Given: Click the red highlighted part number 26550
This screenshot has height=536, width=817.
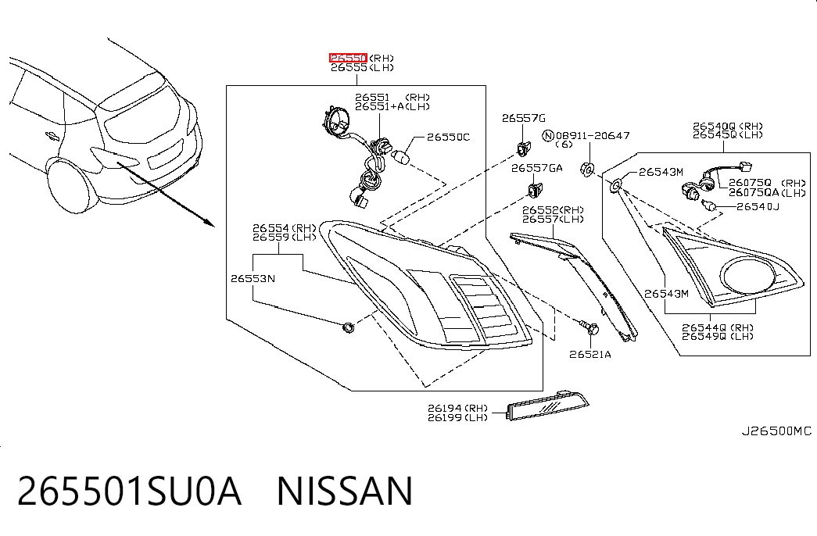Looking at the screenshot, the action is coord(348,58).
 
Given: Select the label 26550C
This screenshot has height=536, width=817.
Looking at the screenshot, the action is coord(448,137).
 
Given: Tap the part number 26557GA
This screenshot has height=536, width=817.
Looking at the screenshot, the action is coord(536,168).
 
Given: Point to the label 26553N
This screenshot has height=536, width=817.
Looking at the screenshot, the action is coord(253,279).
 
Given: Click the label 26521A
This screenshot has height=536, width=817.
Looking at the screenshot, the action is coord(589,354).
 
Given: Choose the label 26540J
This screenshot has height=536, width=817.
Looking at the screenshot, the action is coord(758,207).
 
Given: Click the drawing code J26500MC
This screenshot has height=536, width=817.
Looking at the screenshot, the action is coord(776,431).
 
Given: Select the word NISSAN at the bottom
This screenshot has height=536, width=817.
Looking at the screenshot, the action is coord(345,491).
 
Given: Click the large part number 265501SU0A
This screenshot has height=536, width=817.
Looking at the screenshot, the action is coord(129,491).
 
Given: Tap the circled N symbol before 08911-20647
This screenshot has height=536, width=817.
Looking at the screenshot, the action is coord(547,136).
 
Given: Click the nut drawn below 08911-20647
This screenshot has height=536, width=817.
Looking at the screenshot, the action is coord(587,170).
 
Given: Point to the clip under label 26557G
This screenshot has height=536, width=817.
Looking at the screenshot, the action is coord(523,149).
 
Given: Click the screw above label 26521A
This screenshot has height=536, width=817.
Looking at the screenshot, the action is coord(589,327).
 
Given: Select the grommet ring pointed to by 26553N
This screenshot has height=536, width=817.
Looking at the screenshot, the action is coord(348,327).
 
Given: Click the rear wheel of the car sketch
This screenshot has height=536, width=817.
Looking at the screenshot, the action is coord(72,186).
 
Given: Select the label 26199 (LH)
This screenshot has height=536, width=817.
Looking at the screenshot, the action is coord(458,417).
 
